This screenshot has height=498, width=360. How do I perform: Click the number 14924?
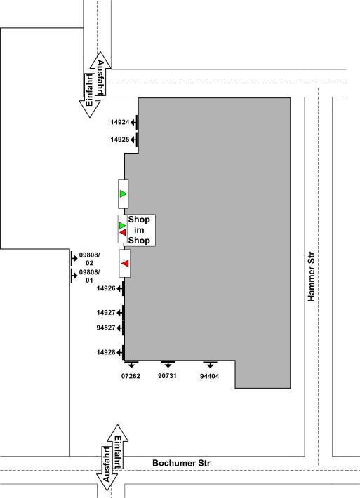(x=120, y=122)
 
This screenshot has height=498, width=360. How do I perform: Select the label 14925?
(x=120, y=140)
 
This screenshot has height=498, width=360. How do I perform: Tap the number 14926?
(x=106, y=288)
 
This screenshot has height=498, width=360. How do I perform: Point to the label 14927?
(x=106, y=313)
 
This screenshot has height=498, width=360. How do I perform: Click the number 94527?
(x=106, y=328)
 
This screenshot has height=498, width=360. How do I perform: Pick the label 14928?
(x=106, y=352)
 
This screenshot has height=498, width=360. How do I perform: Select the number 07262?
(x=131, y=376)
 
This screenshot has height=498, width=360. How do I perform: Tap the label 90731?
(x=167, y=376)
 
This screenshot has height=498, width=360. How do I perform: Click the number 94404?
(x=209, y=376)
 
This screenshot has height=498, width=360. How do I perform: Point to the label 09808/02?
(x=89, y=259)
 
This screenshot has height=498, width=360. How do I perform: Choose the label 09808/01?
(x=89, y=276)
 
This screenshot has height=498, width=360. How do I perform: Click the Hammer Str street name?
(x=311, y=276)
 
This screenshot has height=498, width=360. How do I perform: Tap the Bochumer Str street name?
(x=181, y=463)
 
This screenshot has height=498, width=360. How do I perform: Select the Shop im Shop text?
(x=139, y=230)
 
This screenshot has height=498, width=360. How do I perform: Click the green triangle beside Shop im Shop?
(x=122, y=225)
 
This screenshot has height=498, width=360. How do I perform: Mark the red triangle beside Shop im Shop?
(x=123, y=232)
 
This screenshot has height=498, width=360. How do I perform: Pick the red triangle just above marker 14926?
(x=125, y=263)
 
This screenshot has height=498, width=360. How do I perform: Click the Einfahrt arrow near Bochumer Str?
(x=118, y=448)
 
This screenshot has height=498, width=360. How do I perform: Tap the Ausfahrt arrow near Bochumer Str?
(x=107, y=468)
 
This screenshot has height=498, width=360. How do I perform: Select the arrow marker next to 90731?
(x=168, y=364)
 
